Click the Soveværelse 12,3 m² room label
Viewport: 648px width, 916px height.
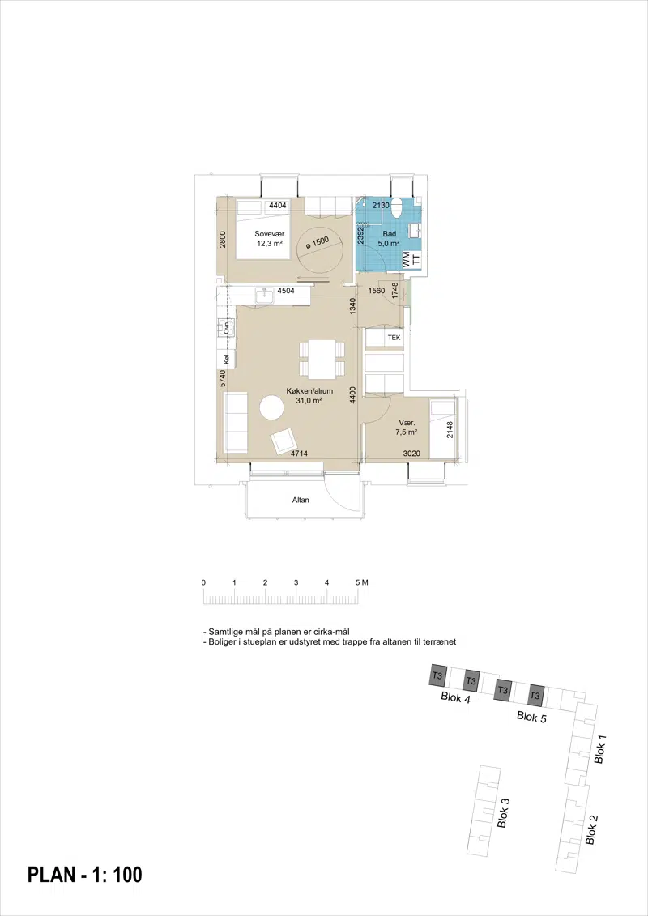point(270,238)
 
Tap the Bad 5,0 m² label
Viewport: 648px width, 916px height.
point(389,238)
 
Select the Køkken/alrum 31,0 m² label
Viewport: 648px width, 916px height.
point(309,395)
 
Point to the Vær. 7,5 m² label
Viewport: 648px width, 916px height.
point(407,427)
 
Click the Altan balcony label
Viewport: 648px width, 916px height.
point(301,500)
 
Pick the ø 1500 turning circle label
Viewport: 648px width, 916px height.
point(317,243)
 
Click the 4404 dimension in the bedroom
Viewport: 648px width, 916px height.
point(277,205)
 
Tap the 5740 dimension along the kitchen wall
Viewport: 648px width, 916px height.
point(223,378)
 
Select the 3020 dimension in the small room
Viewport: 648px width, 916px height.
point(412,454)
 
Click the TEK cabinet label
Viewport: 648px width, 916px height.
point(394,338)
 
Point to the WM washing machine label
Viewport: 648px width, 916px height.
point(406,260)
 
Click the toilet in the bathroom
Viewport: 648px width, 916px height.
point(397,207)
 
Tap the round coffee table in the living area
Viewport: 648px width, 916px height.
point(271,407)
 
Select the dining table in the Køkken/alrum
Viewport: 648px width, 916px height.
point(322,359)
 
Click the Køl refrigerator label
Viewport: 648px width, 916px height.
point(225,360)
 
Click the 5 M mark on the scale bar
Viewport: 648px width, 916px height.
point(361,582)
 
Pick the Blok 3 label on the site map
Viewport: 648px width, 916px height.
point(502,813)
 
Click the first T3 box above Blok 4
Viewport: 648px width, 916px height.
point(438,676)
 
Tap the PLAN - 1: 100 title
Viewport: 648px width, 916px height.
point(85,875)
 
